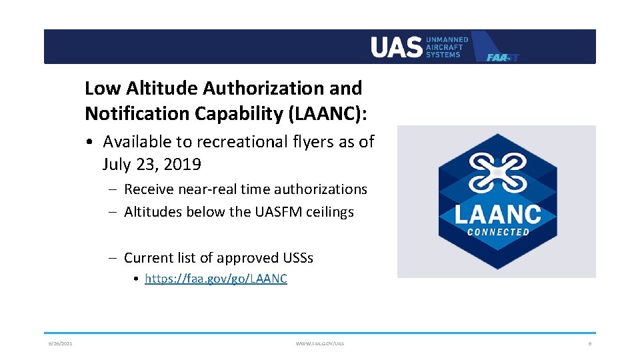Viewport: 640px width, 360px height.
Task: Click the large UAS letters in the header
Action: (396, 47)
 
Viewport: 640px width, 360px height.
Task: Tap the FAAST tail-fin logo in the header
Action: (497, 48)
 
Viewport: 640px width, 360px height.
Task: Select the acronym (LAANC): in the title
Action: (327, 114)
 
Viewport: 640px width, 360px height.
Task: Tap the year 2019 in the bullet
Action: (183, 164)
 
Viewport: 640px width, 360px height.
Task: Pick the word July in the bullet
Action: (117, 164)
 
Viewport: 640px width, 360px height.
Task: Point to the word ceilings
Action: (329, 212)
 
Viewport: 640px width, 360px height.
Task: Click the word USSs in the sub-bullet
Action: (299, 257)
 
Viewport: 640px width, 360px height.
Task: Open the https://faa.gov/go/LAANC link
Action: (215, 279)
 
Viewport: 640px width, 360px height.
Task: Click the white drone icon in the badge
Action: (497, 171)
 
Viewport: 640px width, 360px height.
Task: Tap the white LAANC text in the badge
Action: (497, 214)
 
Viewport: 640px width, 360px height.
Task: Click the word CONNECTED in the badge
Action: (497, 232)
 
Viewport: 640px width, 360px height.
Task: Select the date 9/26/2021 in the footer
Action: (60, 343)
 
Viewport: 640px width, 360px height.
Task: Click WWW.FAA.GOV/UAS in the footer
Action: (320, 343)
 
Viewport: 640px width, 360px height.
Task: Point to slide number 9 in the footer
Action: (589, 343)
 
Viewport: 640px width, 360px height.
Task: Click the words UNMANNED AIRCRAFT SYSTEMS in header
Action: (447, 47)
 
